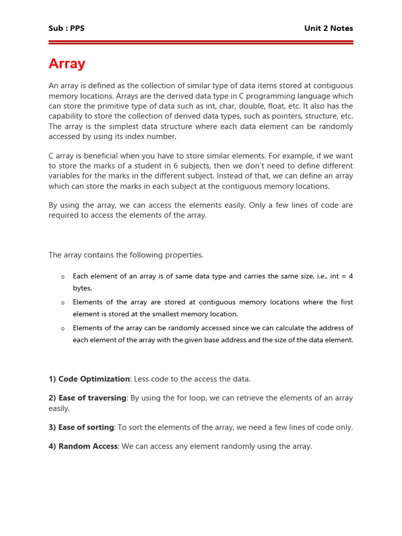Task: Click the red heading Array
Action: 67,64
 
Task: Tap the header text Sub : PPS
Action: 66,28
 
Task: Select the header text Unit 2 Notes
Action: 328,28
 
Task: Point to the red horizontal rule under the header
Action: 201,42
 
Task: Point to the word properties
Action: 184,255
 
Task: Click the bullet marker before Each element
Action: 63,276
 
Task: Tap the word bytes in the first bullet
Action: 82,288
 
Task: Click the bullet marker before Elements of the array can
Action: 63,329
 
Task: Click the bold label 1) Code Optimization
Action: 89,379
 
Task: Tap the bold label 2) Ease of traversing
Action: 87,398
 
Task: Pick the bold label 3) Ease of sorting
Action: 81,427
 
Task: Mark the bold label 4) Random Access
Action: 83,446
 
